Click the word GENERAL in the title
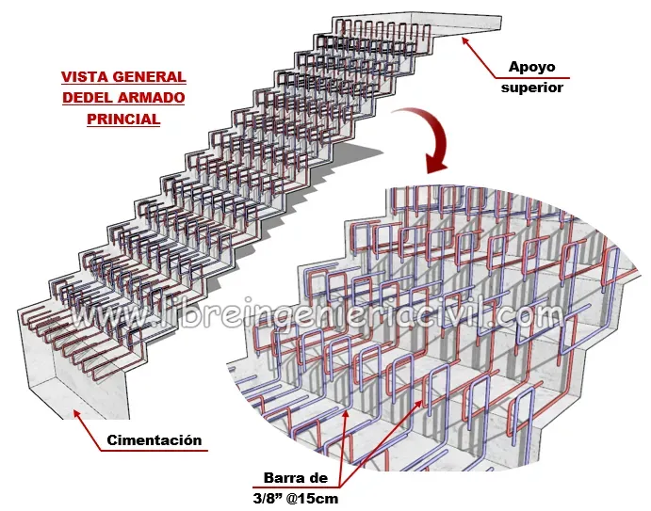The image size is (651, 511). pyautogui.click(x=149, y=77)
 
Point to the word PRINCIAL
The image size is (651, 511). pyautogui.click(x=122, y=120)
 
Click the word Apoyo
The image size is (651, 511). pyautogui.click(x=534, y=67)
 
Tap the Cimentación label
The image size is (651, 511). pyautogui.click(x=154, y=439)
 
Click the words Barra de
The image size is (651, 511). pyautogui.click(x=298, y=478)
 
